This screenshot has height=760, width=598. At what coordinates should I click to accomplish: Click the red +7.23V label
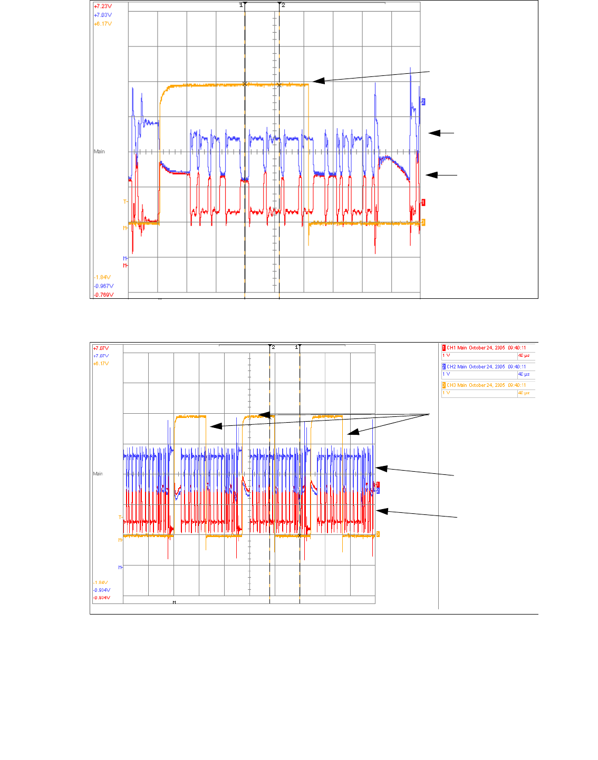pos(102,6)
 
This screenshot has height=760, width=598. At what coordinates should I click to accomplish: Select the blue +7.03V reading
pos(102,15)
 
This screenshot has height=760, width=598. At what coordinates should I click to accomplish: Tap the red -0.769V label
pos(103,295)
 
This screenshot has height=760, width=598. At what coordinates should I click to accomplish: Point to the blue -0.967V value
pos(103,286)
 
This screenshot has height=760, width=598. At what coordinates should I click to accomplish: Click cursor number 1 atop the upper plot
pos(241,5)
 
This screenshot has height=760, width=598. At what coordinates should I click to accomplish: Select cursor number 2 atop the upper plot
pos(283,5)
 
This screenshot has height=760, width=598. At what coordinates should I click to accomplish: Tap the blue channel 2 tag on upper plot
pos(423,101)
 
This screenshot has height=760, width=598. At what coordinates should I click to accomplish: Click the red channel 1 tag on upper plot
pos(423,202)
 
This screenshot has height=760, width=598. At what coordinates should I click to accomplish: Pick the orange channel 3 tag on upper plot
pos(423,222)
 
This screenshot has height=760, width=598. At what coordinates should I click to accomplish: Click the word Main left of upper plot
pos(99,151)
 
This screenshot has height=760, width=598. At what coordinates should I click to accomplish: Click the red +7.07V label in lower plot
pos(101,348)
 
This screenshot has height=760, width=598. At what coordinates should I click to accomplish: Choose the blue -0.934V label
pos(102,590)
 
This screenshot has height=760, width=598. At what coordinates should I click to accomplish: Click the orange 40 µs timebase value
pos(524,393)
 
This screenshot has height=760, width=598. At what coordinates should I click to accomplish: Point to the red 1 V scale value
pos(446,355)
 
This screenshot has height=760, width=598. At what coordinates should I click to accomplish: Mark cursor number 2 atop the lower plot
pos(273,347)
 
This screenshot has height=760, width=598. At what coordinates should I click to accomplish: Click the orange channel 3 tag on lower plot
pos(378,534)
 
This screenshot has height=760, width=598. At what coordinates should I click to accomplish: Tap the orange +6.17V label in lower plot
pos(101,364)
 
